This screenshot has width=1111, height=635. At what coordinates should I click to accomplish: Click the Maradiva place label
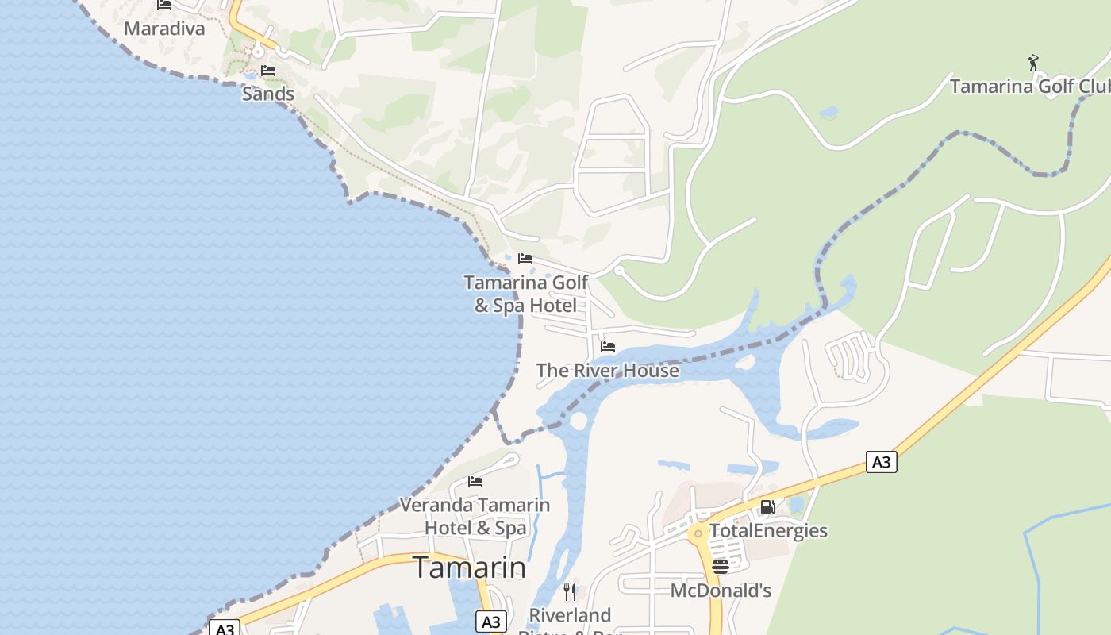point(164,29)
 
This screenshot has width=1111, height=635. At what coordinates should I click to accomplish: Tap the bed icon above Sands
point(268,71)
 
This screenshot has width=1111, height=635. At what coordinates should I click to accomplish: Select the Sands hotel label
point(268,94)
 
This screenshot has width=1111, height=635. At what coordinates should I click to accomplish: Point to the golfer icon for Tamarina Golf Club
point(1032,63)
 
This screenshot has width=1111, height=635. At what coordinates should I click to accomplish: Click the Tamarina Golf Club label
point(1029,86)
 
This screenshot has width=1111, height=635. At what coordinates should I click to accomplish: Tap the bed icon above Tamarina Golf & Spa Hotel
point(525,259)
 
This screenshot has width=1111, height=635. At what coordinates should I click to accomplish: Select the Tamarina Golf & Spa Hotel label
point(525,294)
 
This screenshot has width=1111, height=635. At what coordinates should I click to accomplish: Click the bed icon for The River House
point(608,347)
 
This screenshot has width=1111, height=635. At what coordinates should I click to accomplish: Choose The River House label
point(608,370)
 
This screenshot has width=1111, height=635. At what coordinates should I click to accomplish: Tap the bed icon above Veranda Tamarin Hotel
point(475,481)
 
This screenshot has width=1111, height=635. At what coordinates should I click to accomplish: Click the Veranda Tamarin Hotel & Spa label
point(475,516)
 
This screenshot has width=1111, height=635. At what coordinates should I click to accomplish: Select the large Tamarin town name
point(469,568)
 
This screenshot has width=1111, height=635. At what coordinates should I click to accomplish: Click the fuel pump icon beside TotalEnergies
point(767,507)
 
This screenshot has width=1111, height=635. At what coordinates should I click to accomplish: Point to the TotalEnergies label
point(768,530)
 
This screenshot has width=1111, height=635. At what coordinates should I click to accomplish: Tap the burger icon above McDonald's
point(721,567)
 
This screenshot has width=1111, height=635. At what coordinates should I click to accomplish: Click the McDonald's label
point(721,591)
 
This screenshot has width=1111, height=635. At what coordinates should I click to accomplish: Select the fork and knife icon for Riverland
point(569,591)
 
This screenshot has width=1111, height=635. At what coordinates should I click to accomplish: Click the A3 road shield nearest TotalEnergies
point(881,462)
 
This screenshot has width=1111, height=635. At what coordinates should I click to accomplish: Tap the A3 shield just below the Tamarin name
point(491,622)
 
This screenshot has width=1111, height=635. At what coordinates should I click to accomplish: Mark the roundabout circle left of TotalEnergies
point(698,534)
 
